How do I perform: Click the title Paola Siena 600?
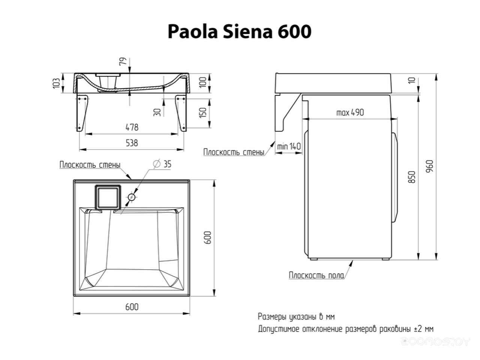pos(240,32)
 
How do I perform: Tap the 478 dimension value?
pos(132,127)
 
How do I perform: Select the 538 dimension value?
pos(132,143)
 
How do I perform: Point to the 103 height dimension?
pos(56,83)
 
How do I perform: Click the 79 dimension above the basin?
pos(123,61)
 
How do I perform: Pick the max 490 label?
pos(350,112)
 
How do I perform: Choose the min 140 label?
pos(289,147)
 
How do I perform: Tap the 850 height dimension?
pos(411,177)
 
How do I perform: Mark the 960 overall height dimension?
pos(430,166)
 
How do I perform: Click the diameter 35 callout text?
pos(162,164)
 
